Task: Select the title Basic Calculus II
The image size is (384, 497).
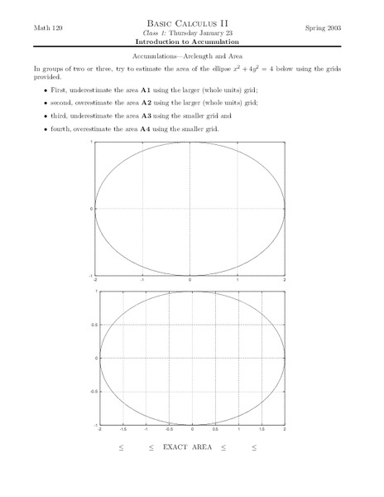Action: coord(191,25)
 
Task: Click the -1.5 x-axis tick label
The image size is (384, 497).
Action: coord(122,431)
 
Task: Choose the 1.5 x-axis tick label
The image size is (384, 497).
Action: coord(261,431)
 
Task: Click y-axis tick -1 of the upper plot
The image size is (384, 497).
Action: coord(90,274)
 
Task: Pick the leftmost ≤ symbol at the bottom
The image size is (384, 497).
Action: coord(120,447)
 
